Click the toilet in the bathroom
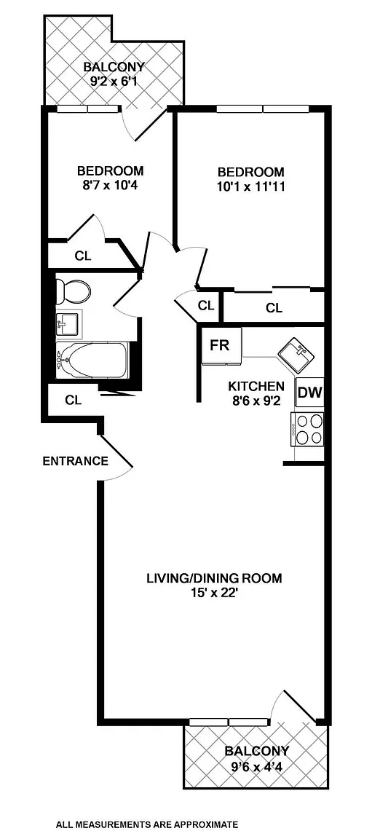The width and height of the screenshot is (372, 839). [73, 291]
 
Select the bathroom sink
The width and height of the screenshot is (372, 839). [68, 323]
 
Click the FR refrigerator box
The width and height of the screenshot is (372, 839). [220, 345]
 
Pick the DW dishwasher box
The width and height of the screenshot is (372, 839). [309, 393]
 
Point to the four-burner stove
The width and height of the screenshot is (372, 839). [307, 429]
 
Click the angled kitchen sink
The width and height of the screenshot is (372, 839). [295, 354]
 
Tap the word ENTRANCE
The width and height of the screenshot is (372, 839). [76, 461]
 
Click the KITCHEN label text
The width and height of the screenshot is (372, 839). [256, 386]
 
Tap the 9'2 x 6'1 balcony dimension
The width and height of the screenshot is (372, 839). [114, 82]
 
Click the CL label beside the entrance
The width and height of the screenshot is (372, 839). [74, 400]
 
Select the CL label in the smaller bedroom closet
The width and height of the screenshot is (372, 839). [83, 256]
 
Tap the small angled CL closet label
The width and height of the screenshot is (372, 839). [206, 306]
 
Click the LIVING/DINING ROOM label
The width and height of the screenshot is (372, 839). [214, 578]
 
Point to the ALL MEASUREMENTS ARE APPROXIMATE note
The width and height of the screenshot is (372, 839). [147, 824]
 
